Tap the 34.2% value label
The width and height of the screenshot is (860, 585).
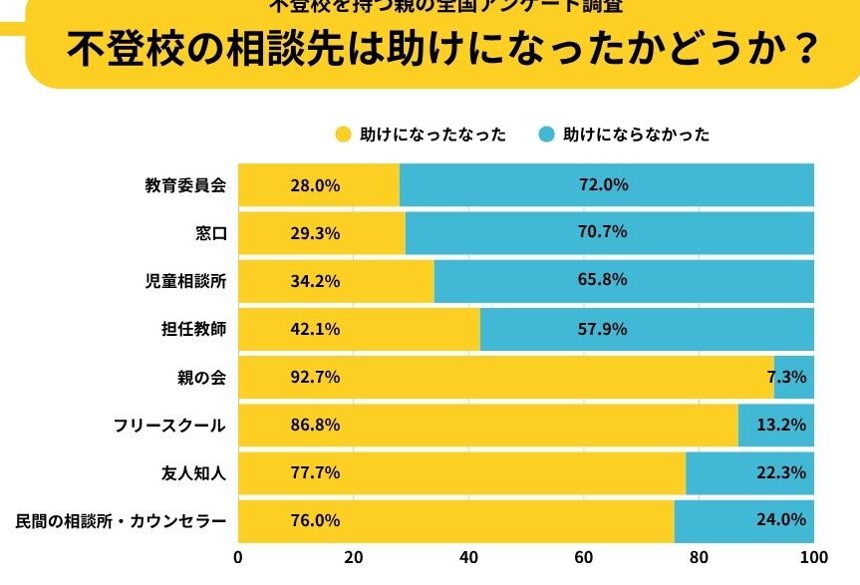pos(316,281)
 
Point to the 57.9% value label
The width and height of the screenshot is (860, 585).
pos(602,328)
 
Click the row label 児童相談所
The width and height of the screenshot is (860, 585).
pos(185,281)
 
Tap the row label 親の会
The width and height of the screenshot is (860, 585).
pos(201,377)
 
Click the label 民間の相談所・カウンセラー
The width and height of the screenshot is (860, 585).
pos(122,521)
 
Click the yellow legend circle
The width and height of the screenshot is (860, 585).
pos(343,134)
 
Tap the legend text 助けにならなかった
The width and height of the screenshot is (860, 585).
pos(637,134)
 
